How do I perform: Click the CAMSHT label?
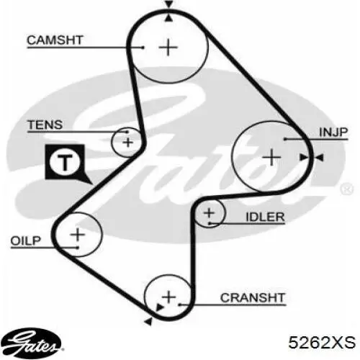click(x=55, y=40)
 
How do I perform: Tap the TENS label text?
click(x=45, y=125)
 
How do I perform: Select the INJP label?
click(x=333, y=132)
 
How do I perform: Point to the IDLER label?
click(x=265, y=217)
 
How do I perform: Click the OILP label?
click(x=26, y=240)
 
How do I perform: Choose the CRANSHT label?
click(x=253, y=298)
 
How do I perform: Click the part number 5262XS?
click(x=322, y=342)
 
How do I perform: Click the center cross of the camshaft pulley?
click(x=168, y=47)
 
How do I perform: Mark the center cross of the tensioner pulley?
click(x=127, y=143)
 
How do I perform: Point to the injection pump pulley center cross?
click(x=271, y=158)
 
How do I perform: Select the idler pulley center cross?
click(x=209, y=212)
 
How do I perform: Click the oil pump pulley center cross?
click(x=78, y=235)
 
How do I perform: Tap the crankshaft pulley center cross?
click(x=169, y=297)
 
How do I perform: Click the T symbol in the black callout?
click(x=65, y=161)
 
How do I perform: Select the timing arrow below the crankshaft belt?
click(x=148, y=321)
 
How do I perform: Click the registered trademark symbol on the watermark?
click(x=346, y=189)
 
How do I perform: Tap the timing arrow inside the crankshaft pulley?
click(x=160, y=307)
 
